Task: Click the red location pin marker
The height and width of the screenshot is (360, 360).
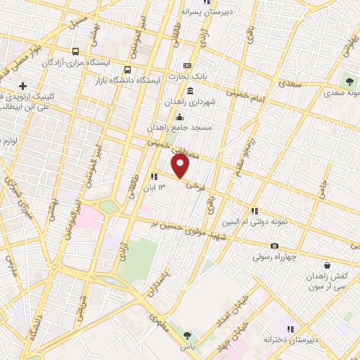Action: [181, 167]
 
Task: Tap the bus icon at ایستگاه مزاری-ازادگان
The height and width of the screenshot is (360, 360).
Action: [76, 51]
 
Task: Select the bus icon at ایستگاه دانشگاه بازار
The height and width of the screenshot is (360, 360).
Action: [127, 70]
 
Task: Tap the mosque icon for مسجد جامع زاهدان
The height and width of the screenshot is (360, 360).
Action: [181, 117]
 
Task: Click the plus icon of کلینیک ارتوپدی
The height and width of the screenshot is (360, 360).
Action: [23, 86]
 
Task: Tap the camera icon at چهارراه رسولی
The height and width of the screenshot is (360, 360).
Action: [274, 245]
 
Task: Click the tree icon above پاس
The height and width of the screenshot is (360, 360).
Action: [186, 335]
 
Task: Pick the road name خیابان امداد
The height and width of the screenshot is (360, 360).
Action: [229, 316]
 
